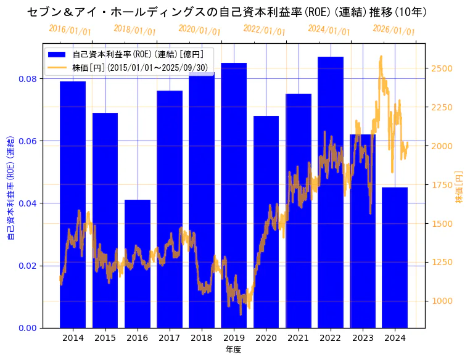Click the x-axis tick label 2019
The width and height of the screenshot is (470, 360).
pyautogui.click(x=234, y=338)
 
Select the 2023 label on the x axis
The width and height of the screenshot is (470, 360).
pyautogui.click(x=363, y=338)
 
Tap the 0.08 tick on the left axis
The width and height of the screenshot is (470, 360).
pyautogui.click(x=27, y=79)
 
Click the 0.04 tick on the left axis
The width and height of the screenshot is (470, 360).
pyautogui.click(x=27, y=203)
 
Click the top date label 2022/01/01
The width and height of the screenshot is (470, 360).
pyautogui.click(x=264, y=30)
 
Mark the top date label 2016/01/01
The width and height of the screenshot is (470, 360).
pyautogui.click(x=70, y=30)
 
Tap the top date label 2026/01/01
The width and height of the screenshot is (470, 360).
pyautogui.click(x=394, y=30)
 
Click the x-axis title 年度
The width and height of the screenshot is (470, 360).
pyautogui.click(x=233, y=350)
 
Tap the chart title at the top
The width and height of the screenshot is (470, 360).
pyautogui.click(x=228, y=12)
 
